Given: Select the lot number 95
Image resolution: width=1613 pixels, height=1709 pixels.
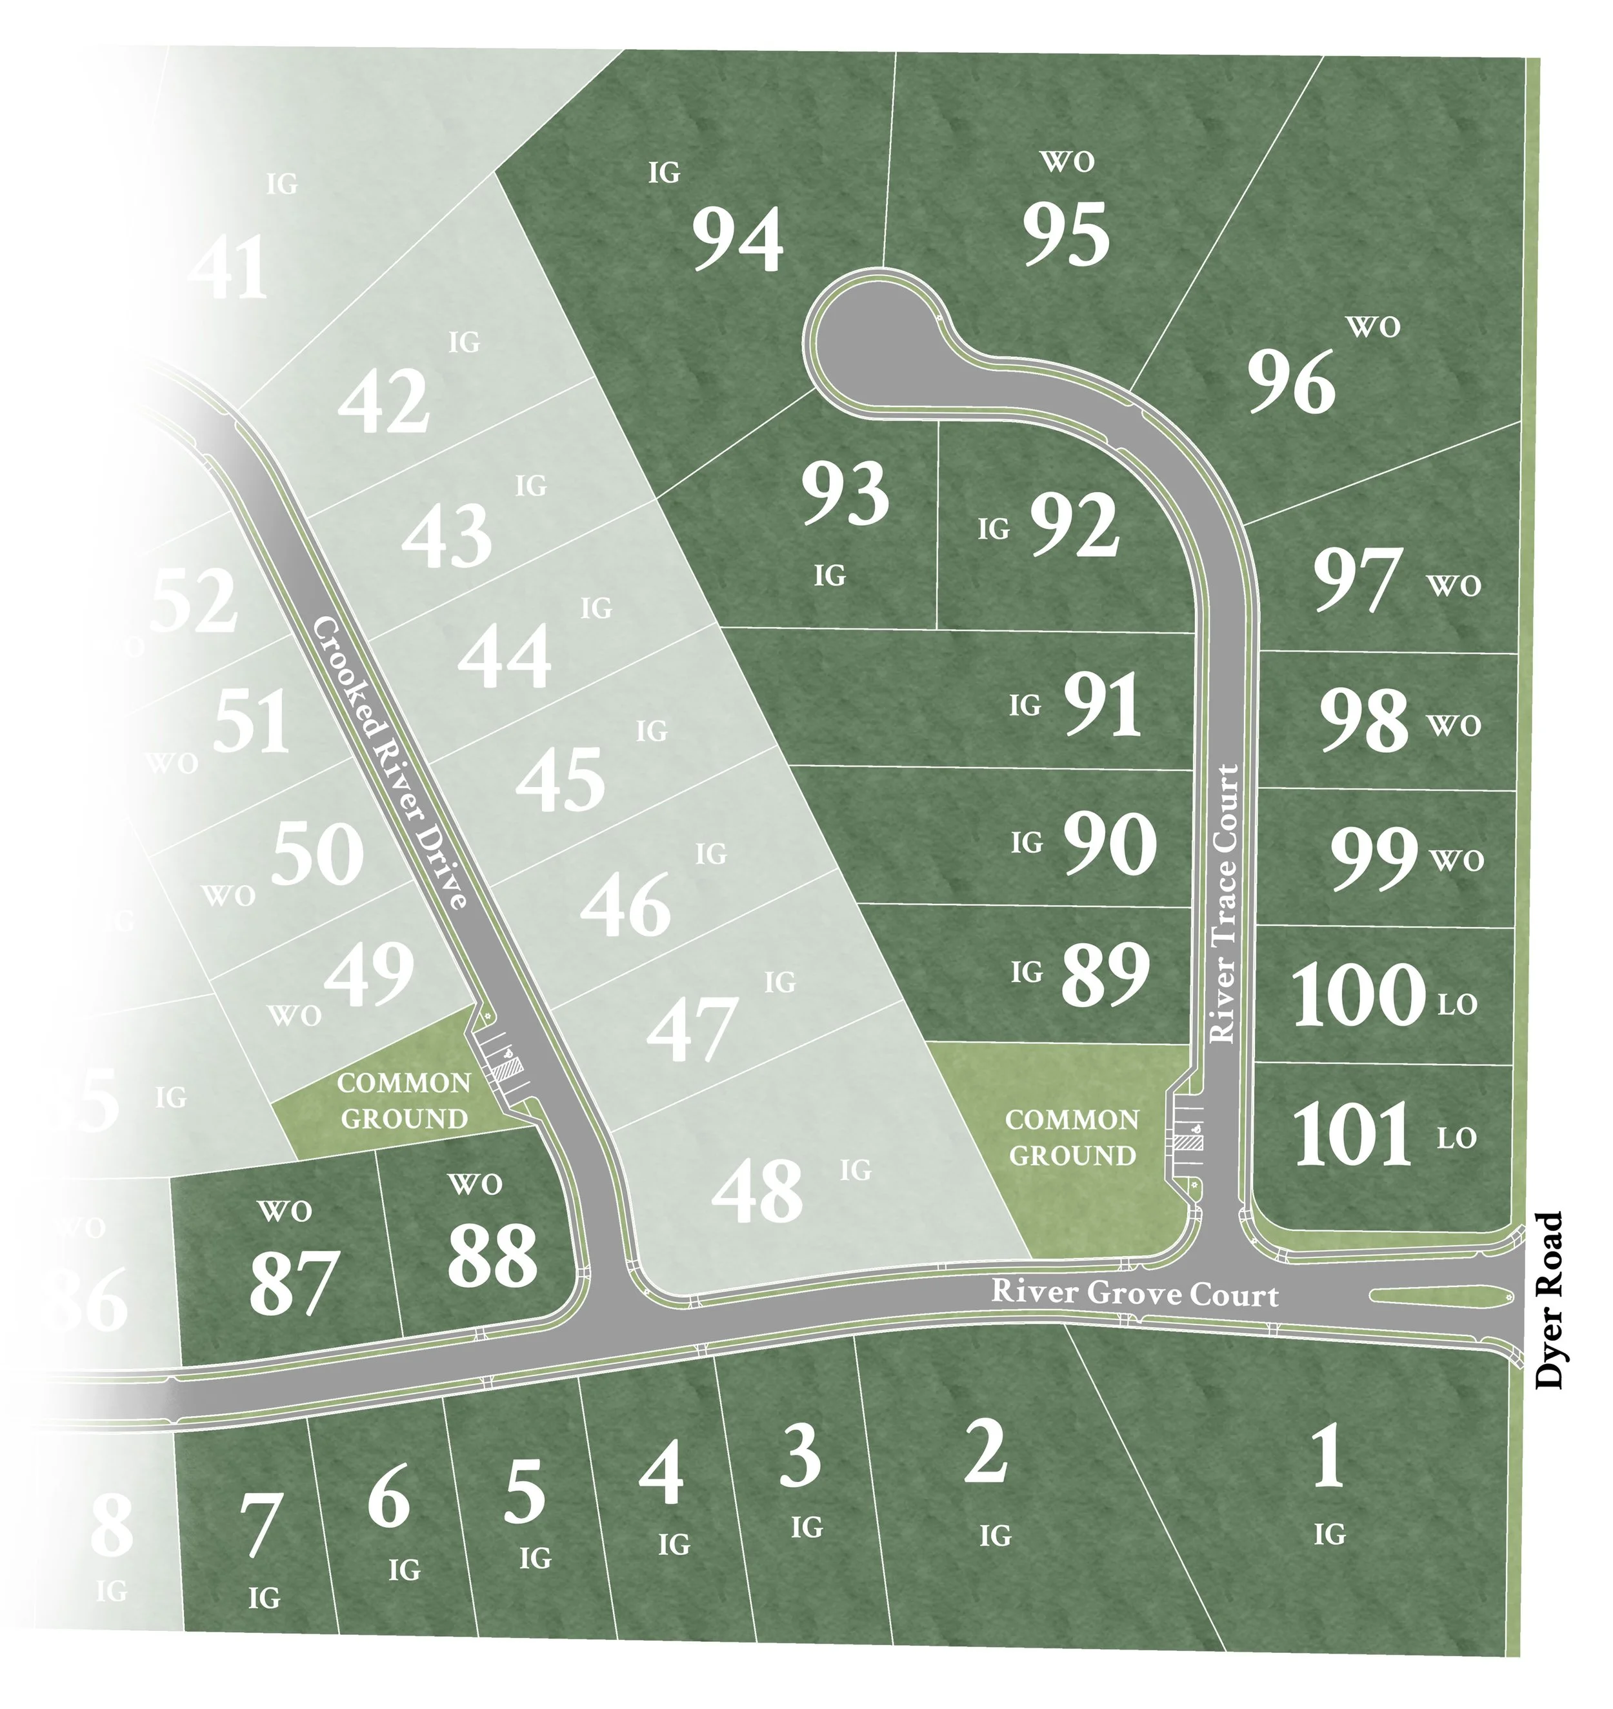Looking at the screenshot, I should (x=1066, y=235).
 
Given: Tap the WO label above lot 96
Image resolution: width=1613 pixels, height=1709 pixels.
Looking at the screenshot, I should (x=1373, y=328).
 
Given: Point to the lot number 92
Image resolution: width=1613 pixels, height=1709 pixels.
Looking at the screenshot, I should (x=1075, y=525).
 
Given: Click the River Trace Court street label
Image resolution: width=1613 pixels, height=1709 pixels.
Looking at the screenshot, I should (x=1223, y=903).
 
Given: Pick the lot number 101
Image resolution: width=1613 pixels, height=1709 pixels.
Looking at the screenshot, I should (x=1352, y=1135).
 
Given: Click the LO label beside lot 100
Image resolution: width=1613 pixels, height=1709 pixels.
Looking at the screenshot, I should (x=1458, y=1004).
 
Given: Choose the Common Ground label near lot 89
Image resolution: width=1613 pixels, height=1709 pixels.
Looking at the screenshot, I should (x=1072, y=1137).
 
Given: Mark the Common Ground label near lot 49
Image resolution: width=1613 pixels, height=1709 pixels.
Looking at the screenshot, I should (x=404, y=1101).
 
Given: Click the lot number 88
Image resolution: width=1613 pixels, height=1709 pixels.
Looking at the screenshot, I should (x=493, y=1256).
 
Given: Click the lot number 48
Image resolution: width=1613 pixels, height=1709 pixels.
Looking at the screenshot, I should (x=757, y=1192).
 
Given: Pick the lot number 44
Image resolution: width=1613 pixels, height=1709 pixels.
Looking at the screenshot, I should (x=505, y=657).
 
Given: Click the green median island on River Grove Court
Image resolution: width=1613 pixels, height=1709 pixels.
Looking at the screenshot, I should (x=1439, y=1296).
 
